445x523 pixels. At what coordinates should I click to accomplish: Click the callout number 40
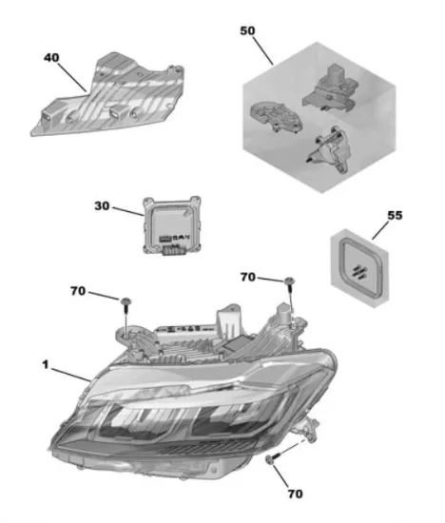pos(51,58)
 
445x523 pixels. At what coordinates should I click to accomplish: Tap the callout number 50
pos(247,30)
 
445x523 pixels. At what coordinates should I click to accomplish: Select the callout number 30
pos(102,205)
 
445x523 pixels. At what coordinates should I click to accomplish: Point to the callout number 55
pos(395,215)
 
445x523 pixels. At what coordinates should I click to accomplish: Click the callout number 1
pos(46,364)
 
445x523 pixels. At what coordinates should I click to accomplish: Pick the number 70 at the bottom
pos(295,494)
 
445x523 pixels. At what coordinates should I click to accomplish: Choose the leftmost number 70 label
pos(78,291)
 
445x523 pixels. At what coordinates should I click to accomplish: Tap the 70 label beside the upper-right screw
pos(248,277)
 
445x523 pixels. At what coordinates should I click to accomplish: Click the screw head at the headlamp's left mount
pos(126,301)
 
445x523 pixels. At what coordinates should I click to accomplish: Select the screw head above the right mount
pos(289,281)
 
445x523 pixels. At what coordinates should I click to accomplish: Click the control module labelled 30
pos(172,225)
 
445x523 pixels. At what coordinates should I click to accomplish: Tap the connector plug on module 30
pos(173,249)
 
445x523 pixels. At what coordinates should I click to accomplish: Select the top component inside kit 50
pos(330,87)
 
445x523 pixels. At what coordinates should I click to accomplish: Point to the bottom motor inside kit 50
pos(329,150)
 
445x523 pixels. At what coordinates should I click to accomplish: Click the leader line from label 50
pos(262,50)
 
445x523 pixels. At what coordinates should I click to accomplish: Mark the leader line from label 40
pos(72,77)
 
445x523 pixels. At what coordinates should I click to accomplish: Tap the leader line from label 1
pos(70,375)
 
